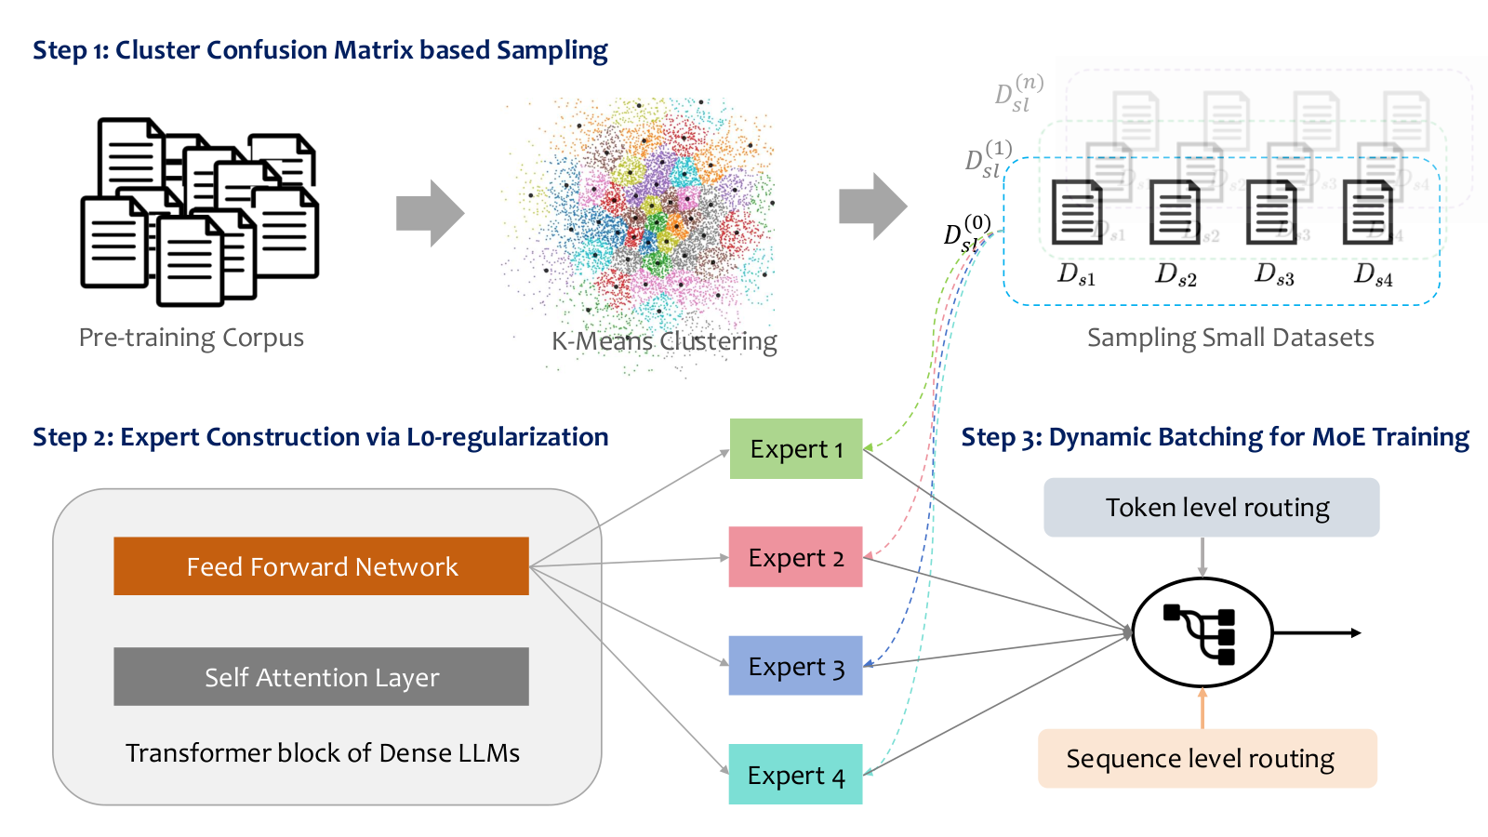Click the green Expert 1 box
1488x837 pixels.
(796, 448)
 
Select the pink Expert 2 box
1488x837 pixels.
(795, 557)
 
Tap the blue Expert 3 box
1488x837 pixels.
(795, 666)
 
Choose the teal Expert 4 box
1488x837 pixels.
(795, 774)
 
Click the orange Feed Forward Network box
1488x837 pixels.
(322, 566)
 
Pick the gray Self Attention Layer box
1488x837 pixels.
(322, 676)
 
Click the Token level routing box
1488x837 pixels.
(1212, 508)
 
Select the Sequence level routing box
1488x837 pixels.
(1208, 759)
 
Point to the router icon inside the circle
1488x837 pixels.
(1200, 633)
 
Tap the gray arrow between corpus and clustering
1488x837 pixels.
(431, 213)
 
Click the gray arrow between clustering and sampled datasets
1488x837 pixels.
(873, 206)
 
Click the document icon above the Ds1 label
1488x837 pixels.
(1077, 213)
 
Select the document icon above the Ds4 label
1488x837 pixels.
(1368, 213)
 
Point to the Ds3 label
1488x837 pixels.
(1274, 273)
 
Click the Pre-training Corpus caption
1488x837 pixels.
(192, 338)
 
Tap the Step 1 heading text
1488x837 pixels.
(320, 50)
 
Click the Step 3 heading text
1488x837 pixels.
(1215, 437)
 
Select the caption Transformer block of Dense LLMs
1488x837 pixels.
(323, 753)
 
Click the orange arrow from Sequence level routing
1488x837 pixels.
(1202, 708)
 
